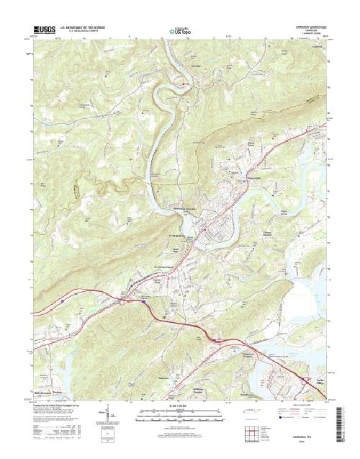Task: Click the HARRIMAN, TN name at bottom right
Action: pos(305,430)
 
